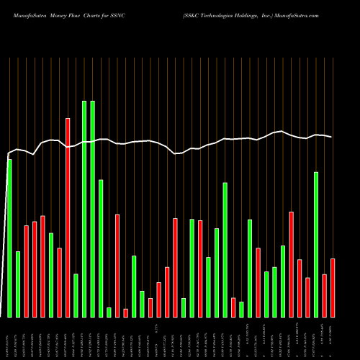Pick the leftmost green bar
(9, 238)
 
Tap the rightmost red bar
(333, 287)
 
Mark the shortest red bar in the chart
(125, 312)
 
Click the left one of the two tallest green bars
(84, 209)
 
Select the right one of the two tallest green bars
(93, 209)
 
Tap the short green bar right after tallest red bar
(76, 295)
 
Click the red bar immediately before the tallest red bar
(60, 282)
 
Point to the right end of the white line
(332, 137)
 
